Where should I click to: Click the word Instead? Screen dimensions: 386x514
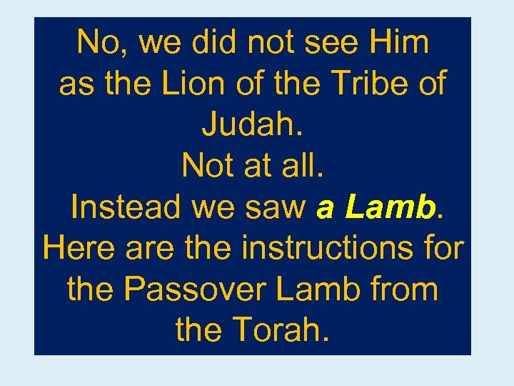click(127, 208)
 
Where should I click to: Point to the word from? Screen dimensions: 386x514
click(405, 290)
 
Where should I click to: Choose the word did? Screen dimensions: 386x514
click(214, 43)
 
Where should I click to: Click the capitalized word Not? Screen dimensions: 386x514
click(205, 167)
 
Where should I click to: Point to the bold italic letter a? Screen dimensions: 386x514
click(326, 208)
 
